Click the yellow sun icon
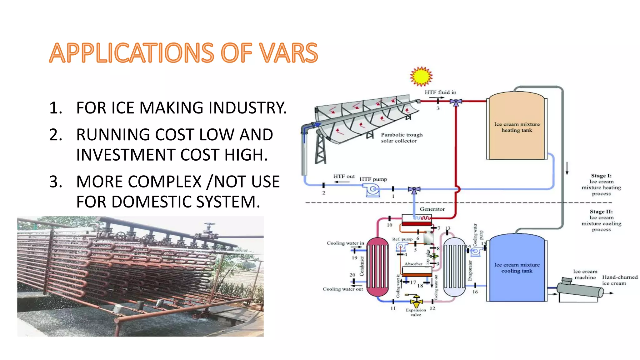pos(421,76)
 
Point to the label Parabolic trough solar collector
pos(401,138)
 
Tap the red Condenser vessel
pos(377,267)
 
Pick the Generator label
pos(432,209)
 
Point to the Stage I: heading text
pos(601,176)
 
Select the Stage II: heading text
pos(601,212)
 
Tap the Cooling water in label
pos(345,243)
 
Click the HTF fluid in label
pos(440,92)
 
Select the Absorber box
pos(416,271)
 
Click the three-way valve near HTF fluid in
pos(456,102)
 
